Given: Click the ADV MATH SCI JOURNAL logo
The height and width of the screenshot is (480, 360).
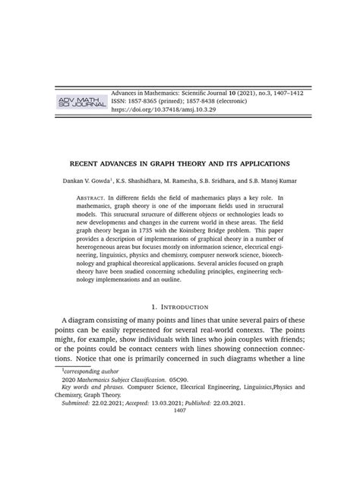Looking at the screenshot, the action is (x=77, y=102).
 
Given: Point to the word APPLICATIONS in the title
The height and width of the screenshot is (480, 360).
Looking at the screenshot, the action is (x=261, y=163).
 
